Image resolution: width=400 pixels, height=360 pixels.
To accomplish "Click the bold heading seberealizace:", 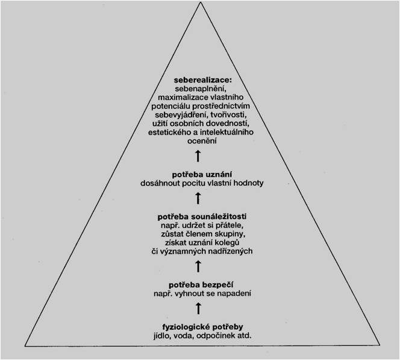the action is tap(203, 80).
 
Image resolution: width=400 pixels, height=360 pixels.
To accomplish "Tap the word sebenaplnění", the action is tap(201, 89).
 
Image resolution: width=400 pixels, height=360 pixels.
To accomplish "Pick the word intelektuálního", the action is tap(227, 132).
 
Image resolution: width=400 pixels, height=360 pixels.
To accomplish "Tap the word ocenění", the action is tap(202, 141).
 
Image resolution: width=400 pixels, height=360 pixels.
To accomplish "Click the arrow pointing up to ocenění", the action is tap(198, 156).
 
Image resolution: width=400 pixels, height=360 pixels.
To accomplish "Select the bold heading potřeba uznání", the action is tap(202, 175).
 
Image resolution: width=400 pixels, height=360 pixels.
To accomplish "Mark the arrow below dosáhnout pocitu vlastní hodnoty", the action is tap(198, 198).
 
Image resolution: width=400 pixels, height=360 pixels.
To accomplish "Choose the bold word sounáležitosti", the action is tap(219, 216).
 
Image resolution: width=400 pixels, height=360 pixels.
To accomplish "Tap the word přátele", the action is tap(230, 226).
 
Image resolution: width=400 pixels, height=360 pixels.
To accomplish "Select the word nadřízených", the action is tap(230, 251).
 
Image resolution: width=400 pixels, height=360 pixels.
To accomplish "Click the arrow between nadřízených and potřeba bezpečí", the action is tap(198, 267).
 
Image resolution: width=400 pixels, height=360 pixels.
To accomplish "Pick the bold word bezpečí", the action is tap(217, 285).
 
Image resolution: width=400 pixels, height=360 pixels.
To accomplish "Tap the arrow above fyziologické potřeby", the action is tap(198, 308).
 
